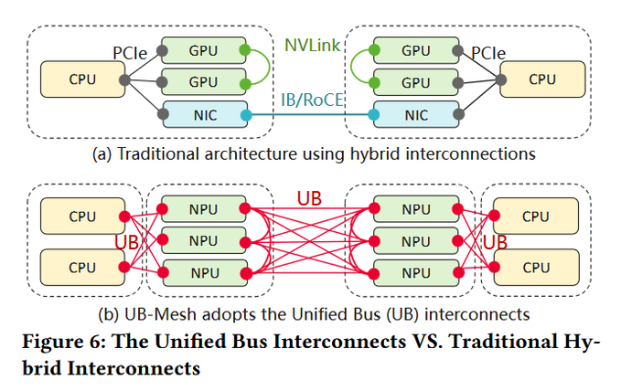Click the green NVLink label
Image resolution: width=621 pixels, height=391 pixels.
point(312,46)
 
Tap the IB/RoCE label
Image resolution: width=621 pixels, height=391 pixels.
point(312,100)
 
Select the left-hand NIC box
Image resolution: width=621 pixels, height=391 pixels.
point(205,114)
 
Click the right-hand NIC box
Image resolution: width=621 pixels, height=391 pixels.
point(416,114)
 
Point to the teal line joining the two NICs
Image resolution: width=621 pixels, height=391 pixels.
point(310,115)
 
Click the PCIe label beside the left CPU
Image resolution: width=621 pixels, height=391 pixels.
point(130,53)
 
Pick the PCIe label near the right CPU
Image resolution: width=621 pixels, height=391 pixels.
point(488,53)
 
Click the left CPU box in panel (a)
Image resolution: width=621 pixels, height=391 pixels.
point(83,79)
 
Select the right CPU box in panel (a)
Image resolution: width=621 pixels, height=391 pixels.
point(542,79)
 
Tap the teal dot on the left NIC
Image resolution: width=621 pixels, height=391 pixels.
point(246,115)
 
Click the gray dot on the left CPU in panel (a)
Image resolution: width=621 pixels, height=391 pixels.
point(124,80)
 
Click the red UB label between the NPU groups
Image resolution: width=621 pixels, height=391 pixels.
point(309,198)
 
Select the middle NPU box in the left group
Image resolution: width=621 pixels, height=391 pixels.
point(204,240)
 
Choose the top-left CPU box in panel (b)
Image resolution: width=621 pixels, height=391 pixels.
point(83,217)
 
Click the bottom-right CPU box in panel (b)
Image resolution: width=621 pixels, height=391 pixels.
point(536,267)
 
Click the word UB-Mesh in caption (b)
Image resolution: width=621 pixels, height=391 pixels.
point(160,314)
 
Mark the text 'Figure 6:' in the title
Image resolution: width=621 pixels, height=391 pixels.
point(64,341)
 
